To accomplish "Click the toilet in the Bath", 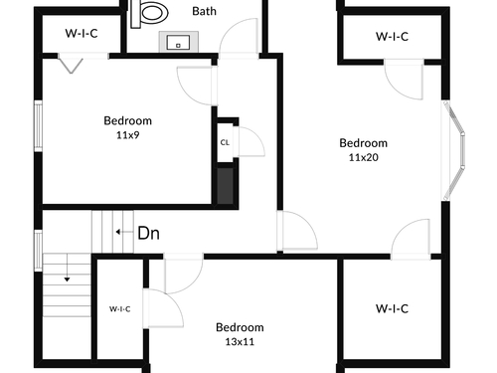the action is tap(150, 13).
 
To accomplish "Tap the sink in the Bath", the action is tap(179, 42).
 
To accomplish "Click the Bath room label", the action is tap(204, 11).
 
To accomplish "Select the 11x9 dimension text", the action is tap(127, 135).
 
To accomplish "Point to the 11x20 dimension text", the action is tap(363, 157).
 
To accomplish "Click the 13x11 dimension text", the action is tap(240, 342).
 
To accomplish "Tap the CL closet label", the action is tap(225, 142).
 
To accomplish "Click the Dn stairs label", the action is tap(148, 233).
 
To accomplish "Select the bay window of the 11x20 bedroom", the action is tap(453, 151).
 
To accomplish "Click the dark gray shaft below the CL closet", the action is tap(225, 186).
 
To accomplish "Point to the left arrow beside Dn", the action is tap(124, 232).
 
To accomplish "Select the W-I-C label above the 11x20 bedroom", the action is tap(392, 37).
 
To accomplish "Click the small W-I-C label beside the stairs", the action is tap(120, 309).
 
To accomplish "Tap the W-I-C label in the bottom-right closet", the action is tap(392, 309).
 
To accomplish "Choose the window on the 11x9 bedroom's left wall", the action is tap(39, 126).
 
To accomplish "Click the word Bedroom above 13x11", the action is tap(240, 327).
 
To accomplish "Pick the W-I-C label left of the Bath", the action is tap(82, 34).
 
